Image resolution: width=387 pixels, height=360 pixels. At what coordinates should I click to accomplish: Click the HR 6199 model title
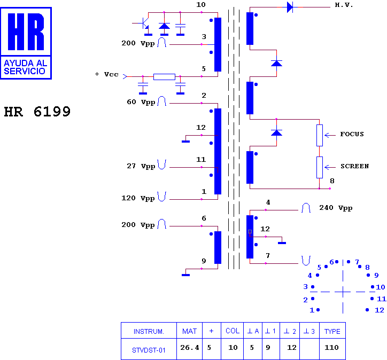(x=37, y=112)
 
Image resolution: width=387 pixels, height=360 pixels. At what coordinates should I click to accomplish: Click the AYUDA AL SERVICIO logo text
(x=26, y=67)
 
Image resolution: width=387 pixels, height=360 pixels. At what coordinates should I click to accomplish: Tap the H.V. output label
(x=344, y=5)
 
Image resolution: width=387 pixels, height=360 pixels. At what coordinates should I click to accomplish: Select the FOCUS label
(x=352, y=134)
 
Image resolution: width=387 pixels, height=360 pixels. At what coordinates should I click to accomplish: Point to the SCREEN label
(x=355, y=166)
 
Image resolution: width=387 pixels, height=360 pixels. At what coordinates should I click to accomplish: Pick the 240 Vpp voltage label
(x=336, y=208)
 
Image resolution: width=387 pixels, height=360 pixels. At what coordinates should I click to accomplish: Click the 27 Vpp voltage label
(x=141, y=166)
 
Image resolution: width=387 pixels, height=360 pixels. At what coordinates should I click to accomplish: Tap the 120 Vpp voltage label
(x=138, y=198)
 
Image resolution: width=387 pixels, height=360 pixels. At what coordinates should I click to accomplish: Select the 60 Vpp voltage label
(x=141, y=102)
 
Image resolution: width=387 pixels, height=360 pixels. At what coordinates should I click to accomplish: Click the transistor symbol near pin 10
(x=145, y=23)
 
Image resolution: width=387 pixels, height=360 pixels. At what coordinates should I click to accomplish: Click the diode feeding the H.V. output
(x=290, y=7)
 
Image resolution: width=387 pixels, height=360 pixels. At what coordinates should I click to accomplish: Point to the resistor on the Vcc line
(x=164, y=77)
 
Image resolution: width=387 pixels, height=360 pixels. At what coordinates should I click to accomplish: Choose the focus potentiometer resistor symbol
(x=319, y=135)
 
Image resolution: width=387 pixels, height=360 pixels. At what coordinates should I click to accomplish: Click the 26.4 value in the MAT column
(x=189, y=347)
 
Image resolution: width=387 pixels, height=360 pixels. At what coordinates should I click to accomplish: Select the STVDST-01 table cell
(x=149, y=350)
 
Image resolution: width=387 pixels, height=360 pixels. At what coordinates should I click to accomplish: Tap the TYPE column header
(x=332, y=331)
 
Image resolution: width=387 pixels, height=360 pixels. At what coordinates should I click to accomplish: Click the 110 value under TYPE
(x=331, y=347)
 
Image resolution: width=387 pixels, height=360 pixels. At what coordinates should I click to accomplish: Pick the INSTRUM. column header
(x=149, y=331)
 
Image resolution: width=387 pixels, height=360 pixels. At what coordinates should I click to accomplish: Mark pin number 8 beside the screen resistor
(x=332, y=181)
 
